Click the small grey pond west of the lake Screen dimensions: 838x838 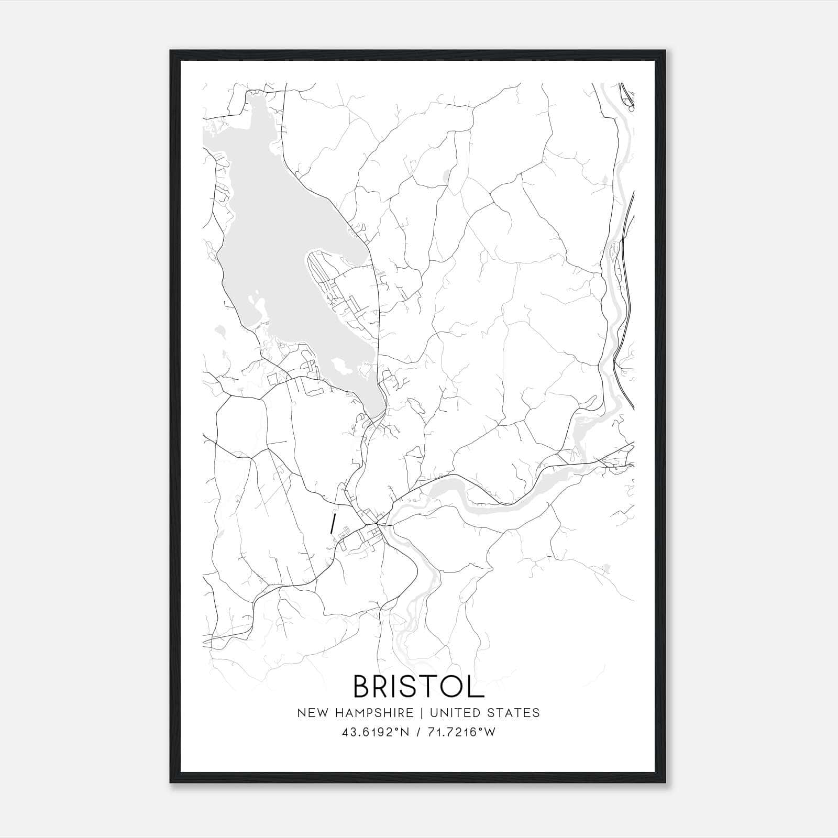coord(219,330)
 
